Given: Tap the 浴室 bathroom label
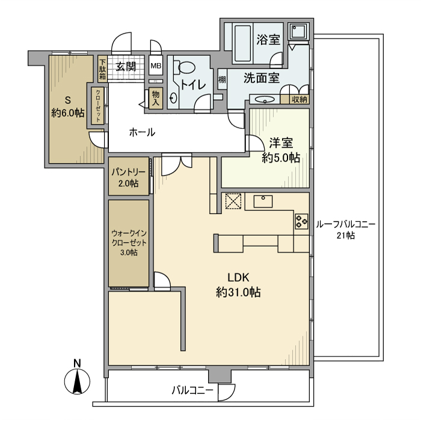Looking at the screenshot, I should pyautogui.click(x=268, y=40).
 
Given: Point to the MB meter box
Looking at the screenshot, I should pyautogui.click(x=155, y=66).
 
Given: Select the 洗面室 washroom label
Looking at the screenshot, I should pyautogui.click(x=262, y=78).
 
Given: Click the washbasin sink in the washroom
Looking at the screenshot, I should pyautogui.click(x=263, y=100).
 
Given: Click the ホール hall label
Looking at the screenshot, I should pyautogui.click(x=143, y=132).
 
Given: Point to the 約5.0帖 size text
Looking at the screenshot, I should pyautogui.click(x=280, y=158).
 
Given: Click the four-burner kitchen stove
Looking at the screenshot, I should pyautogui.click(x=301, y=221).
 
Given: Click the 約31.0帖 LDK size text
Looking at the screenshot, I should pyautogui.click(x=238, y=292).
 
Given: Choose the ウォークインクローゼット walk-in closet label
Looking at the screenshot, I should pyautogui.click(x=128, y=243).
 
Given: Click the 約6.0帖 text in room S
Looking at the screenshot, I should pyautogui.click(x=67, y=112).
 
